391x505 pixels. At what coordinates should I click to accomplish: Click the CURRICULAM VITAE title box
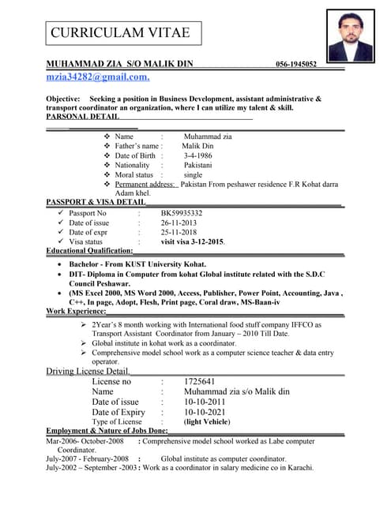coord(121,32)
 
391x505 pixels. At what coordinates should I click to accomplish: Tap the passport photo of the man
coord(350,36)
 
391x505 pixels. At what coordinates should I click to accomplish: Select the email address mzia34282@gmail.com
coord(98,77)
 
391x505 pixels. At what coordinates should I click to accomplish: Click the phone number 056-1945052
coord(296,64)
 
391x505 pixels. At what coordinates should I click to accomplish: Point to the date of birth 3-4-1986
coord(197,155)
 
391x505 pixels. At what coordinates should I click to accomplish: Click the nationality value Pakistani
coord(198,165)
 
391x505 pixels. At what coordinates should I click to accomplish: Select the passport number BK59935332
coord(182,213)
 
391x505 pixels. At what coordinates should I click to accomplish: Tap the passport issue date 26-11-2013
coord(179,223)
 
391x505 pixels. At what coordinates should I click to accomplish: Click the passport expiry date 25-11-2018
coord(179,232)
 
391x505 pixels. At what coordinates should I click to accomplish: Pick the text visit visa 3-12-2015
coord(193,241)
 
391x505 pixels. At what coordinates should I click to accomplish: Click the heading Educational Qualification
coord(84,251)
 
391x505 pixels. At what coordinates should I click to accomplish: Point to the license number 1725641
coord(199,381)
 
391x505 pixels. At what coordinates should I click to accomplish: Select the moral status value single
coord(193,174)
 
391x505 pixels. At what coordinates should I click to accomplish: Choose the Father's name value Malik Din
coord(197,146)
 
